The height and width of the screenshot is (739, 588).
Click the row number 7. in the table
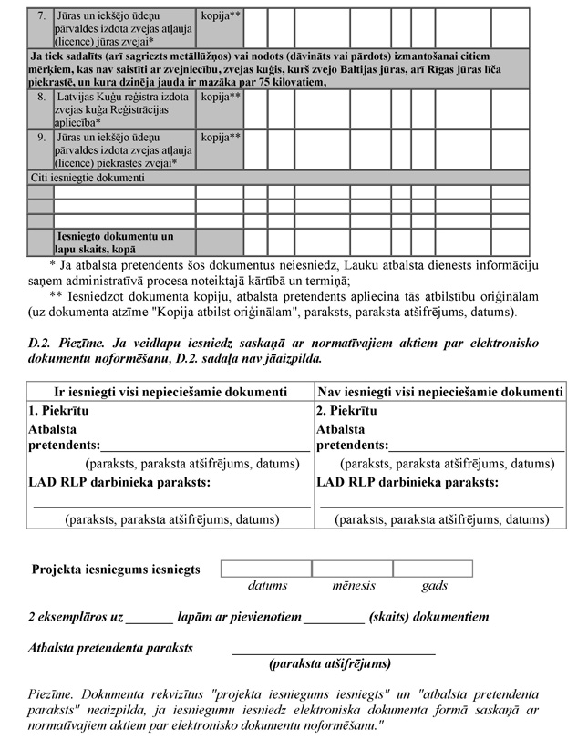tap(41, 16)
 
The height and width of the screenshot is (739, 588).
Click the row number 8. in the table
tap(41, 96)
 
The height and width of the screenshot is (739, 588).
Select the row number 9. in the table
tap(41, 138)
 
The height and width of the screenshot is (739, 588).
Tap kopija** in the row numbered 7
tap(220, 16)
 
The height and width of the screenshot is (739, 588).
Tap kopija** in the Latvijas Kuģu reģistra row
tap(220, 96)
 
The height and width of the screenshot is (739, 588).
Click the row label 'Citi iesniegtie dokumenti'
tap(88, 178)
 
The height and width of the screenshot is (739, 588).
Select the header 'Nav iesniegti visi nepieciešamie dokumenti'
tap(439, 392)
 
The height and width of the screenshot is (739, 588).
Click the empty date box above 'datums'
tap(266, 569)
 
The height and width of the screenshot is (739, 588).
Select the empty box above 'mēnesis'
tap(351, 569)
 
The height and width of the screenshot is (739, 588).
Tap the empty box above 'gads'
tap(432, 569)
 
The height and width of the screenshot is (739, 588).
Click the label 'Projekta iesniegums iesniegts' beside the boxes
tap(116, 570)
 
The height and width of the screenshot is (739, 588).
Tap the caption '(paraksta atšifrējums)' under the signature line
tap(331, 663)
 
